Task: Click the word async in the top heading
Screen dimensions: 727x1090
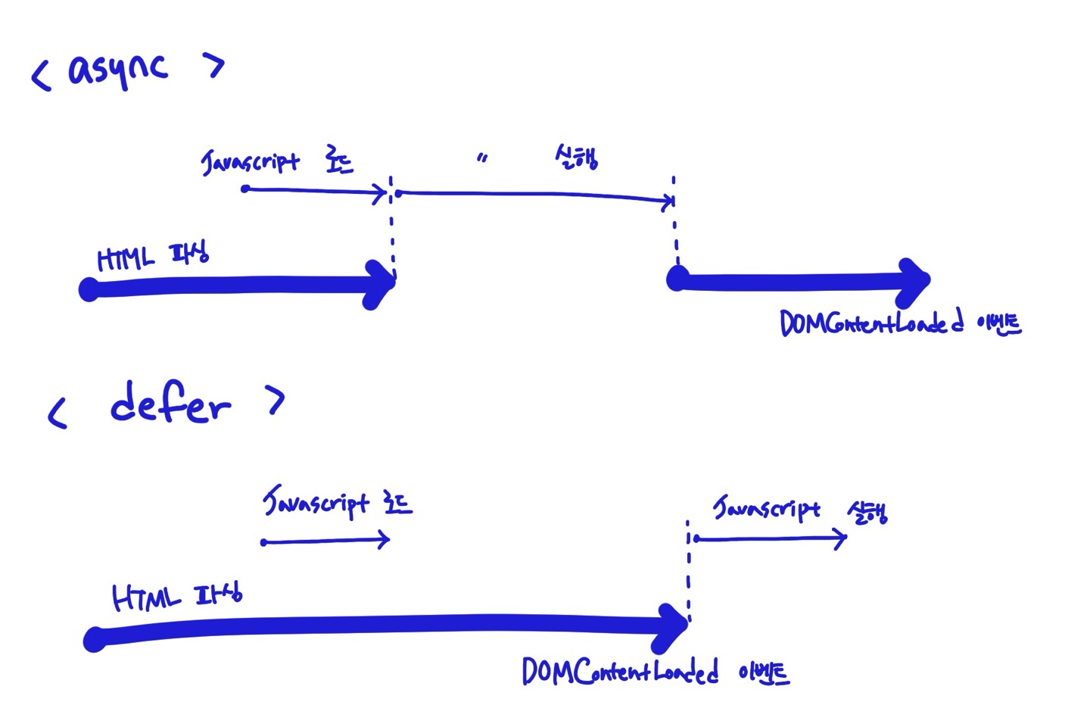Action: pos(117,70)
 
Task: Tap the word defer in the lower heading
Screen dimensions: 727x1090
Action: pos(170,404)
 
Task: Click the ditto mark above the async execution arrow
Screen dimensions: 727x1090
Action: pos(482,159)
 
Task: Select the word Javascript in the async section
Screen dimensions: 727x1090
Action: pos(251,161)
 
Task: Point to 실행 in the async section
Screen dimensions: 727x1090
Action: pos(577,158)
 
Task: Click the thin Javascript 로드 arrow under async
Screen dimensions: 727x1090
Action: pos(314,191)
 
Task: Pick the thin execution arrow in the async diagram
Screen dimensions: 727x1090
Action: pos(534,195)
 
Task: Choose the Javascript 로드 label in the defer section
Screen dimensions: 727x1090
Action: pos(337,503)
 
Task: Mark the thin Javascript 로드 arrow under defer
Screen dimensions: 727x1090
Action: pos(325,541)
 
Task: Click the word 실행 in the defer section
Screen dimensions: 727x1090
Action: pos(867,513)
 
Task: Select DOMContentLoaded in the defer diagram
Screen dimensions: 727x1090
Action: pos(620,671)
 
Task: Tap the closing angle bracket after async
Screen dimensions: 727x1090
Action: pos(213,67)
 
